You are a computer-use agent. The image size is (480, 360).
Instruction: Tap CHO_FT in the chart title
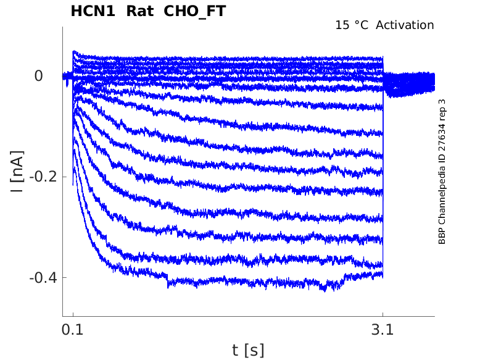[195, 11]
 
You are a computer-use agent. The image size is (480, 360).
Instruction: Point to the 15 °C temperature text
[352, 25]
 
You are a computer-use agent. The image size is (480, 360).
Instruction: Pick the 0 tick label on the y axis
[39, 76]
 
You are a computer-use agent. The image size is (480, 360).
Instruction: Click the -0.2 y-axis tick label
[43, 177]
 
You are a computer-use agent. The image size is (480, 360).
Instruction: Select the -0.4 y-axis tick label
[43, 277]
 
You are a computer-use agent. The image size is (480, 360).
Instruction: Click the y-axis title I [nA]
[18, 171]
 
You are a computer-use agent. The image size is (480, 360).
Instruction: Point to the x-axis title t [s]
[248, 350]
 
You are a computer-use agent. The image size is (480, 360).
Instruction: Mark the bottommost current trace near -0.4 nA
[247, 283]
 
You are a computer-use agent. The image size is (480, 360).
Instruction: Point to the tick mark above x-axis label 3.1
[383, 313]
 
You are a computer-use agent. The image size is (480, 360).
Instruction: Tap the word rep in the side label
[442, 117]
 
